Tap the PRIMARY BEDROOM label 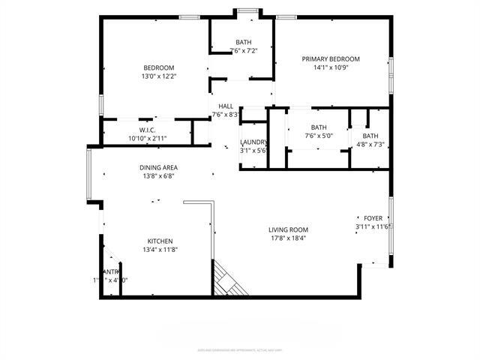pyautogui.click(x=331, y=59)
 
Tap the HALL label pyautogui.click(x=226, y=106)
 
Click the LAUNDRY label pyautogui.click(x=253, y=142)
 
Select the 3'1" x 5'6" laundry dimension pyautogui.click(x=253, y=151)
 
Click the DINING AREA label pyautogui.click(x=158, y=167)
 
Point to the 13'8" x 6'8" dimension pyautogui.click(x=158, y=176)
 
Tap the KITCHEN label pyautogui.click(x=160, y=241)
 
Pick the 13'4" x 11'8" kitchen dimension pyautogui.click(x=160, y=250)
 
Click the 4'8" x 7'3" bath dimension pyautogui.click(x=370, y=144)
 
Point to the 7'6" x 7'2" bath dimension pyautogui.click(x=244, y=51)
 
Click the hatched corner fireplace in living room pyautogui.click(x=226, y=281)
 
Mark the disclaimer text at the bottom pyautogui.click(x=239, y=349)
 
